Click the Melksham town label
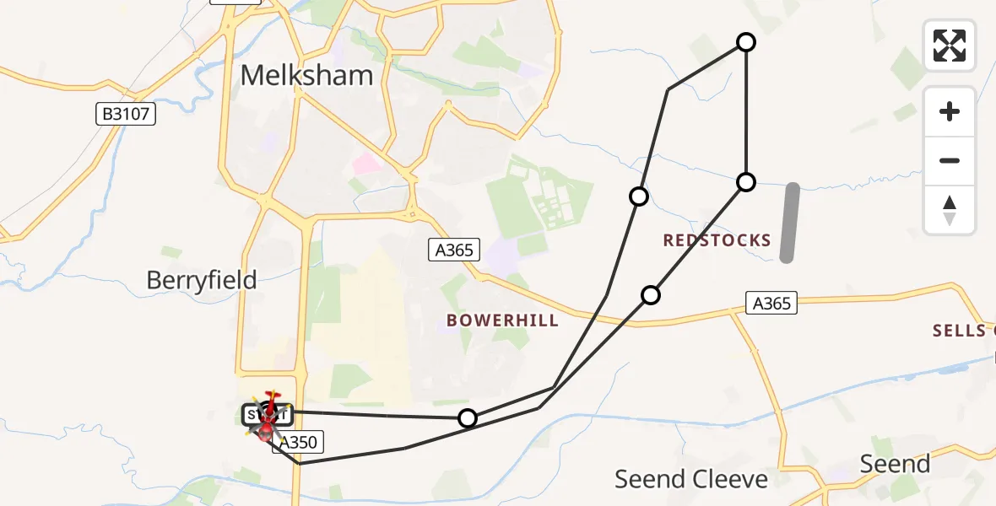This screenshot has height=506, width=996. click(x=306, y=75)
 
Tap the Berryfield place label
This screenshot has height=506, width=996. click(x=202, y=280)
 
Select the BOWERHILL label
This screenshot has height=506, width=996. click(x=502, y=320)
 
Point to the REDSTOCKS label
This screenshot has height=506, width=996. click(x=717, y=240)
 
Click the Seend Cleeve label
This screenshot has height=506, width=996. click(x=690, y=479)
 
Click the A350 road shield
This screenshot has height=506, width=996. click(x=297, y=443)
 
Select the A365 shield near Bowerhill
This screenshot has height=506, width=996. click(x=454, y=250)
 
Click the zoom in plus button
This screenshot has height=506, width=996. click(x=950, y=111)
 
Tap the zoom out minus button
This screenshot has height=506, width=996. click(x=950, y=160)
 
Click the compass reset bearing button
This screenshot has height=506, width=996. click(x=950, y=210)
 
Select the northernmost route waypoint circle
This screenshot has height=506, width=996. click(x=746, y=41)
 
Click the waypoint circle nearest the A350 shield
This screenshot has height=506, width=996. click(x=467, y=417)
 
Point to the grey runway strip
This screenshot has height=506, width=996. click(x=789, y=223)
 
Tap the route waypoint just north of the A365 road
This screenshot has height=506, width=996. click(x=650, y=294)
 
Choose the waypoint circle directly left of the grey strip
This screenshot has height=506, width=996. click(x=745, y=181)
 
